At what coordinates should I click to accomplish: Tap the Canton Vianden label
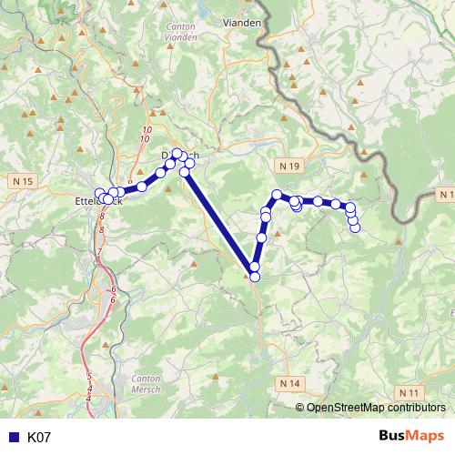[x=182, y=33]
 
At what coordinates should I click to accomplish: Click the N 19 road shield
[x=289, y=166]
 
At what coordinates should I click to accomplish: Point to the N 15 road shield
[x=24, y=182]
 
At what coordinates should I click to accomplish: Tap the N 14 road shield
[x=290, y=383]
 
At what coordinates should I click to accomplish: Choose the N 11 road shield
[x=409, y=392]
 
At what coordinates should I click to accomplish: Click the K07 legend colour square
[x=13, y=438]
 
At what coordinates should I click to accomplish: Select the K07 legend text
[x=39, y=438]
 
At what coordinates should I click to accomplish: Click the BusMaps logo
[x=411, y=436]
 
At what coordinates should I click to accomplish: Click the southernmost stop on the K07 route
[x=254, y=277]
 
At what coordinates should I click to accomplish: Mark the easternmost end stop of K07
[x=355, y=227]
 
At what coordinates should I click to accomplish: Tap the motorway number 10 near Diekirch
[x=146, y=136]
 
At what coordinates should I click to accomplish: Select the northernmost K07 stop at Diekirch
[x=177, y=153]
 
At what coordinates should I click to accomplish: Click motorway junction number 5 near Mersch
[x=89, y=374]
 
